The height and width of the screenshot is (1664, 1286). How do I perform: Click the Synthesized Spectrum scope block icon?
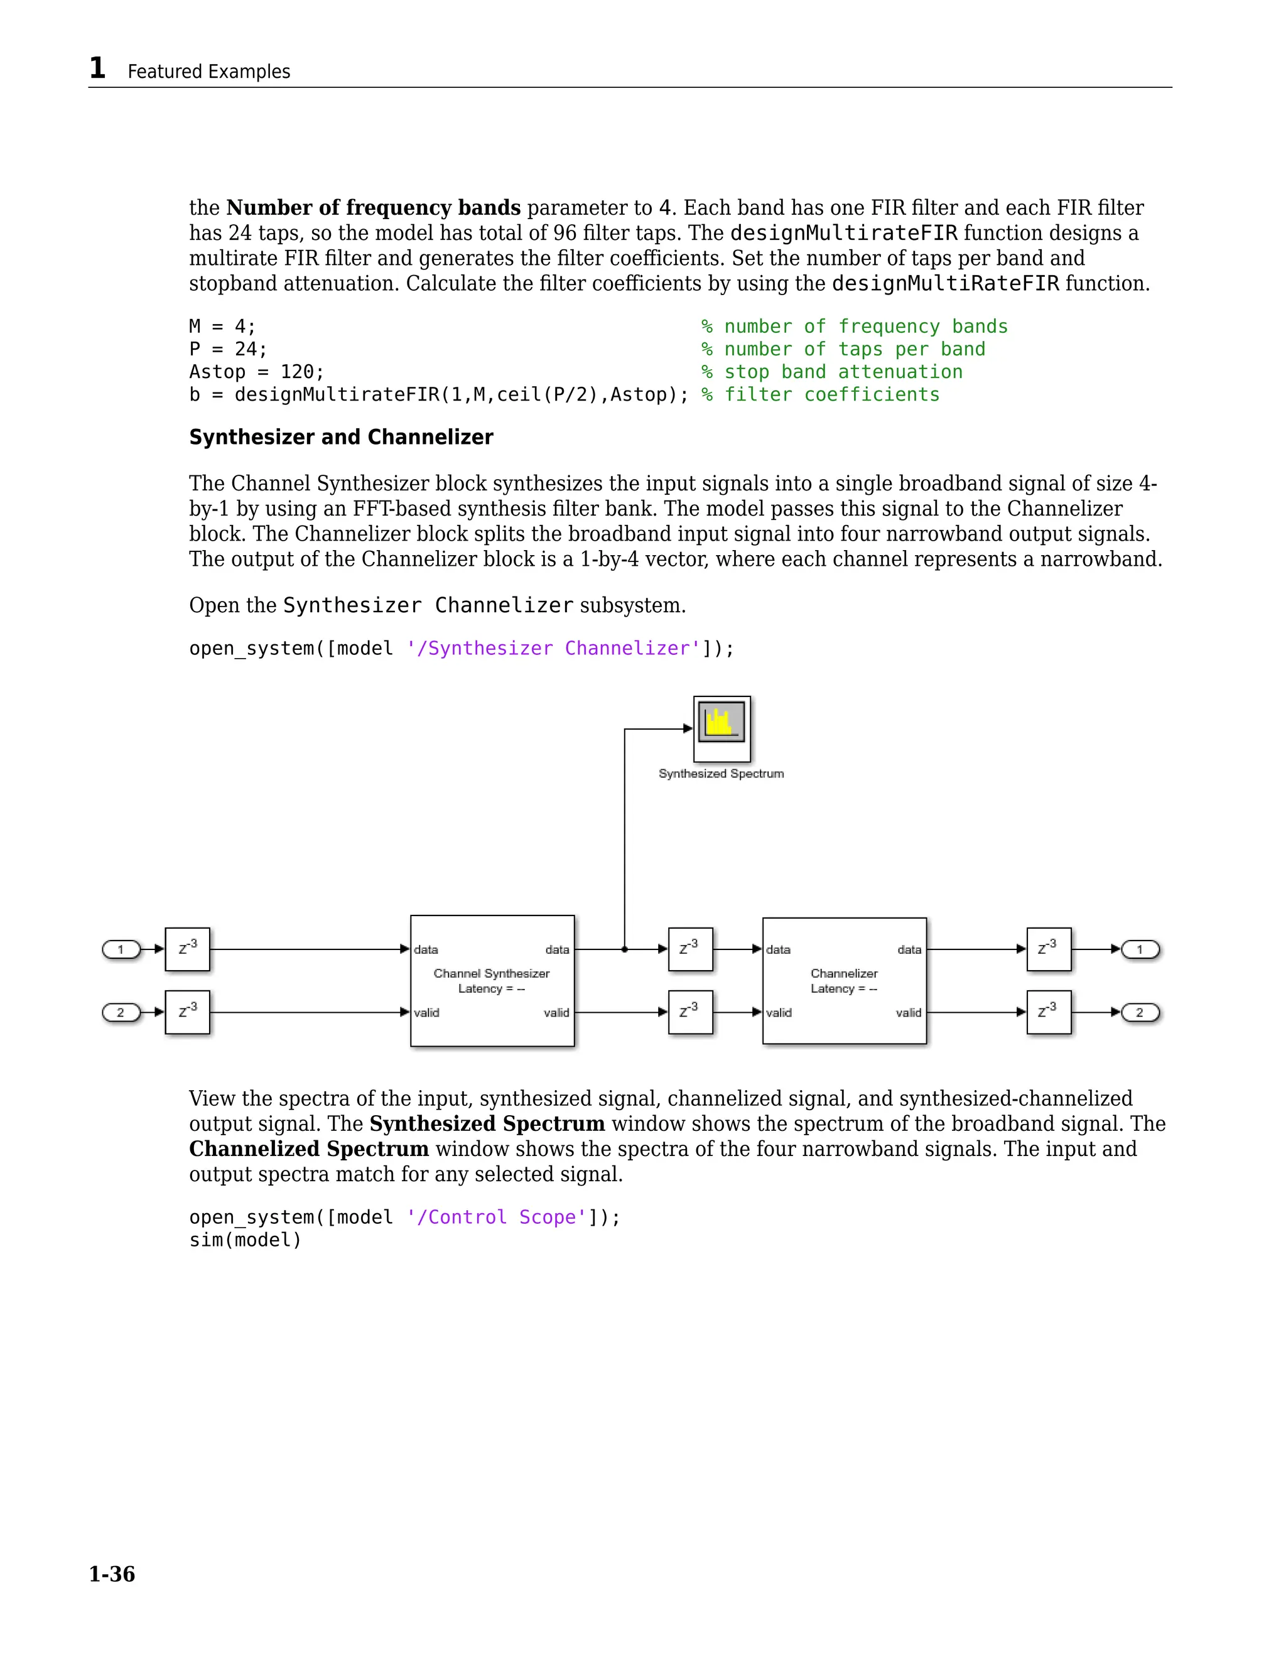(x=721, y=728)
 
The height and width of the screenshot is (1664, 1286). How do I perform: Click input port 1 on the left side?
(x=121, y=949)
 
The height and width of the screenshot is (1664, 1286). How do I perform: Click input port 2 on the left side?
(x=121, y=1013)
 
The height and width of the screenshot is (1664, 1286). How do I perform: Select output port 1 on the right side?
(x=1140, y=949)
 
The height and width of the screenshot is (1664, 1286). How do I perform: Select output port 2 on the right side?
(x=1140, y=1013)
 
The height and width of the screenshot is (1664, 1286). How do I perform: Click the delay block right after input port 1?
(x=187, y=949)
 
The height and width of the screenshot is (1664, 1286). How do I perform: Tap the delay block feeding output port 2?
(x=1048, y=1013)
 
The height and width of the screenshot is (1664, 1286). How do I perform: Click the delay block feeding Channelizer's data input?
(x=690, y=949)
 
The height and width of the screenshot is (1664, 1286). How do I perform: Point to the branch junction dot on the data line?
(x=625, y=949)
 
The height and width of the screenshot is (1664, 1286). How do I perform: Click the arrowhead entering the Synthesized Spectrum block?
(x=688, y=728)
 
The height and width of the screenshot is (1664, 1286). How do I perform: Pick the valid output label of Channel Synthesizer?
(x=556, y=1013)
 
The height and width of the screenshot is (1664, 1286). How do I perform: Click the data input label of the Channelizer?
(x=778, y=949)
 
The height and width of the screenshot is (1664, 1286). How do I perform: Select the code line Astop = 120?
(x=257, y=372)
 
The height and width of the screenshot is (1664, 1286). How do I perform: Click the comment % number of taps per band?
(x=843, y=349)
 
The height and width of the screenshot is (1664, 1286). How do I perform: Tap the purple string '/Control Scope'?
(x=496, y=1217)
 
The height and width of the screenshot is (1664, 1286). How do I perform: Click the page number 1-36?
(x=112, y=1574)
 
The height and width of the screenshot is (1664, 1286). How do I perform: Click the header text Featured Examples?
(x=208, y=72)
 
